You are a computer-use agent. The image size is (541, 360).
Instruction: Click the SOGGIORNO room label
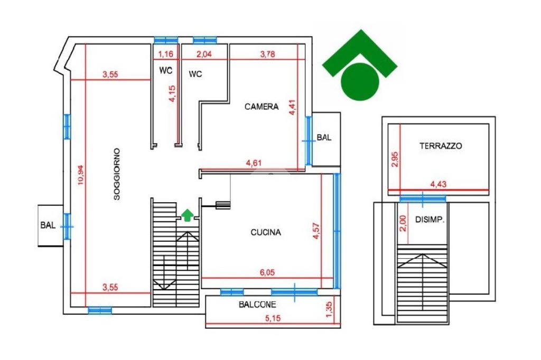pos(118,174)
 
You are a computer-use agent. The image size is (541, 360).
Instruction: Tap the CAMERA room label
pos(262,107)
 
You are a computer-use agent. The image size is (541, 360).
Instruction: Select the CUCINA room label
pos(266,232)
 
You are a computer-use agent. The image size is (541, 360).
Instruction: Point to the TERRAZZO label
pos(441,146)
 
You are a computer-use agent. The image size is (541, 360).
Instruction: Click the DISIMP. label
pos(430,220)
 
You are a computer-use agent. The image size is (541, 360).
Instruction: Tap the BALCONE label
pos(257,305)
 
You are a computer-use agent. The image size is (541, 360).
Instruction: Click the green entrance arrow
pos(188,214)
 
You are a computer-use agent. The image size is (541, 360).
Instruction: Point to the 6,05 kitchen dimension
pos(267,273)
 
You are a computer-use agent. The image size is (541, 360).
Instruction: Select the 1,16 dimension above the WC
pos(166,53)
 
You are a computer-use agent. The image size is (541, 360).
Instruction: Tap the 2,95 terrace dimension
pos(394,159)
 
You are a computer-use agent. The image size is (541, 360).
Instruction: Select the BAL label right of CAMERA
pos(324,138)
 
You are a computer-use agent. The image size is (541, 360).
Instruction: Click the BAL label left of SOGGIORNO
pos(48,225)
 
